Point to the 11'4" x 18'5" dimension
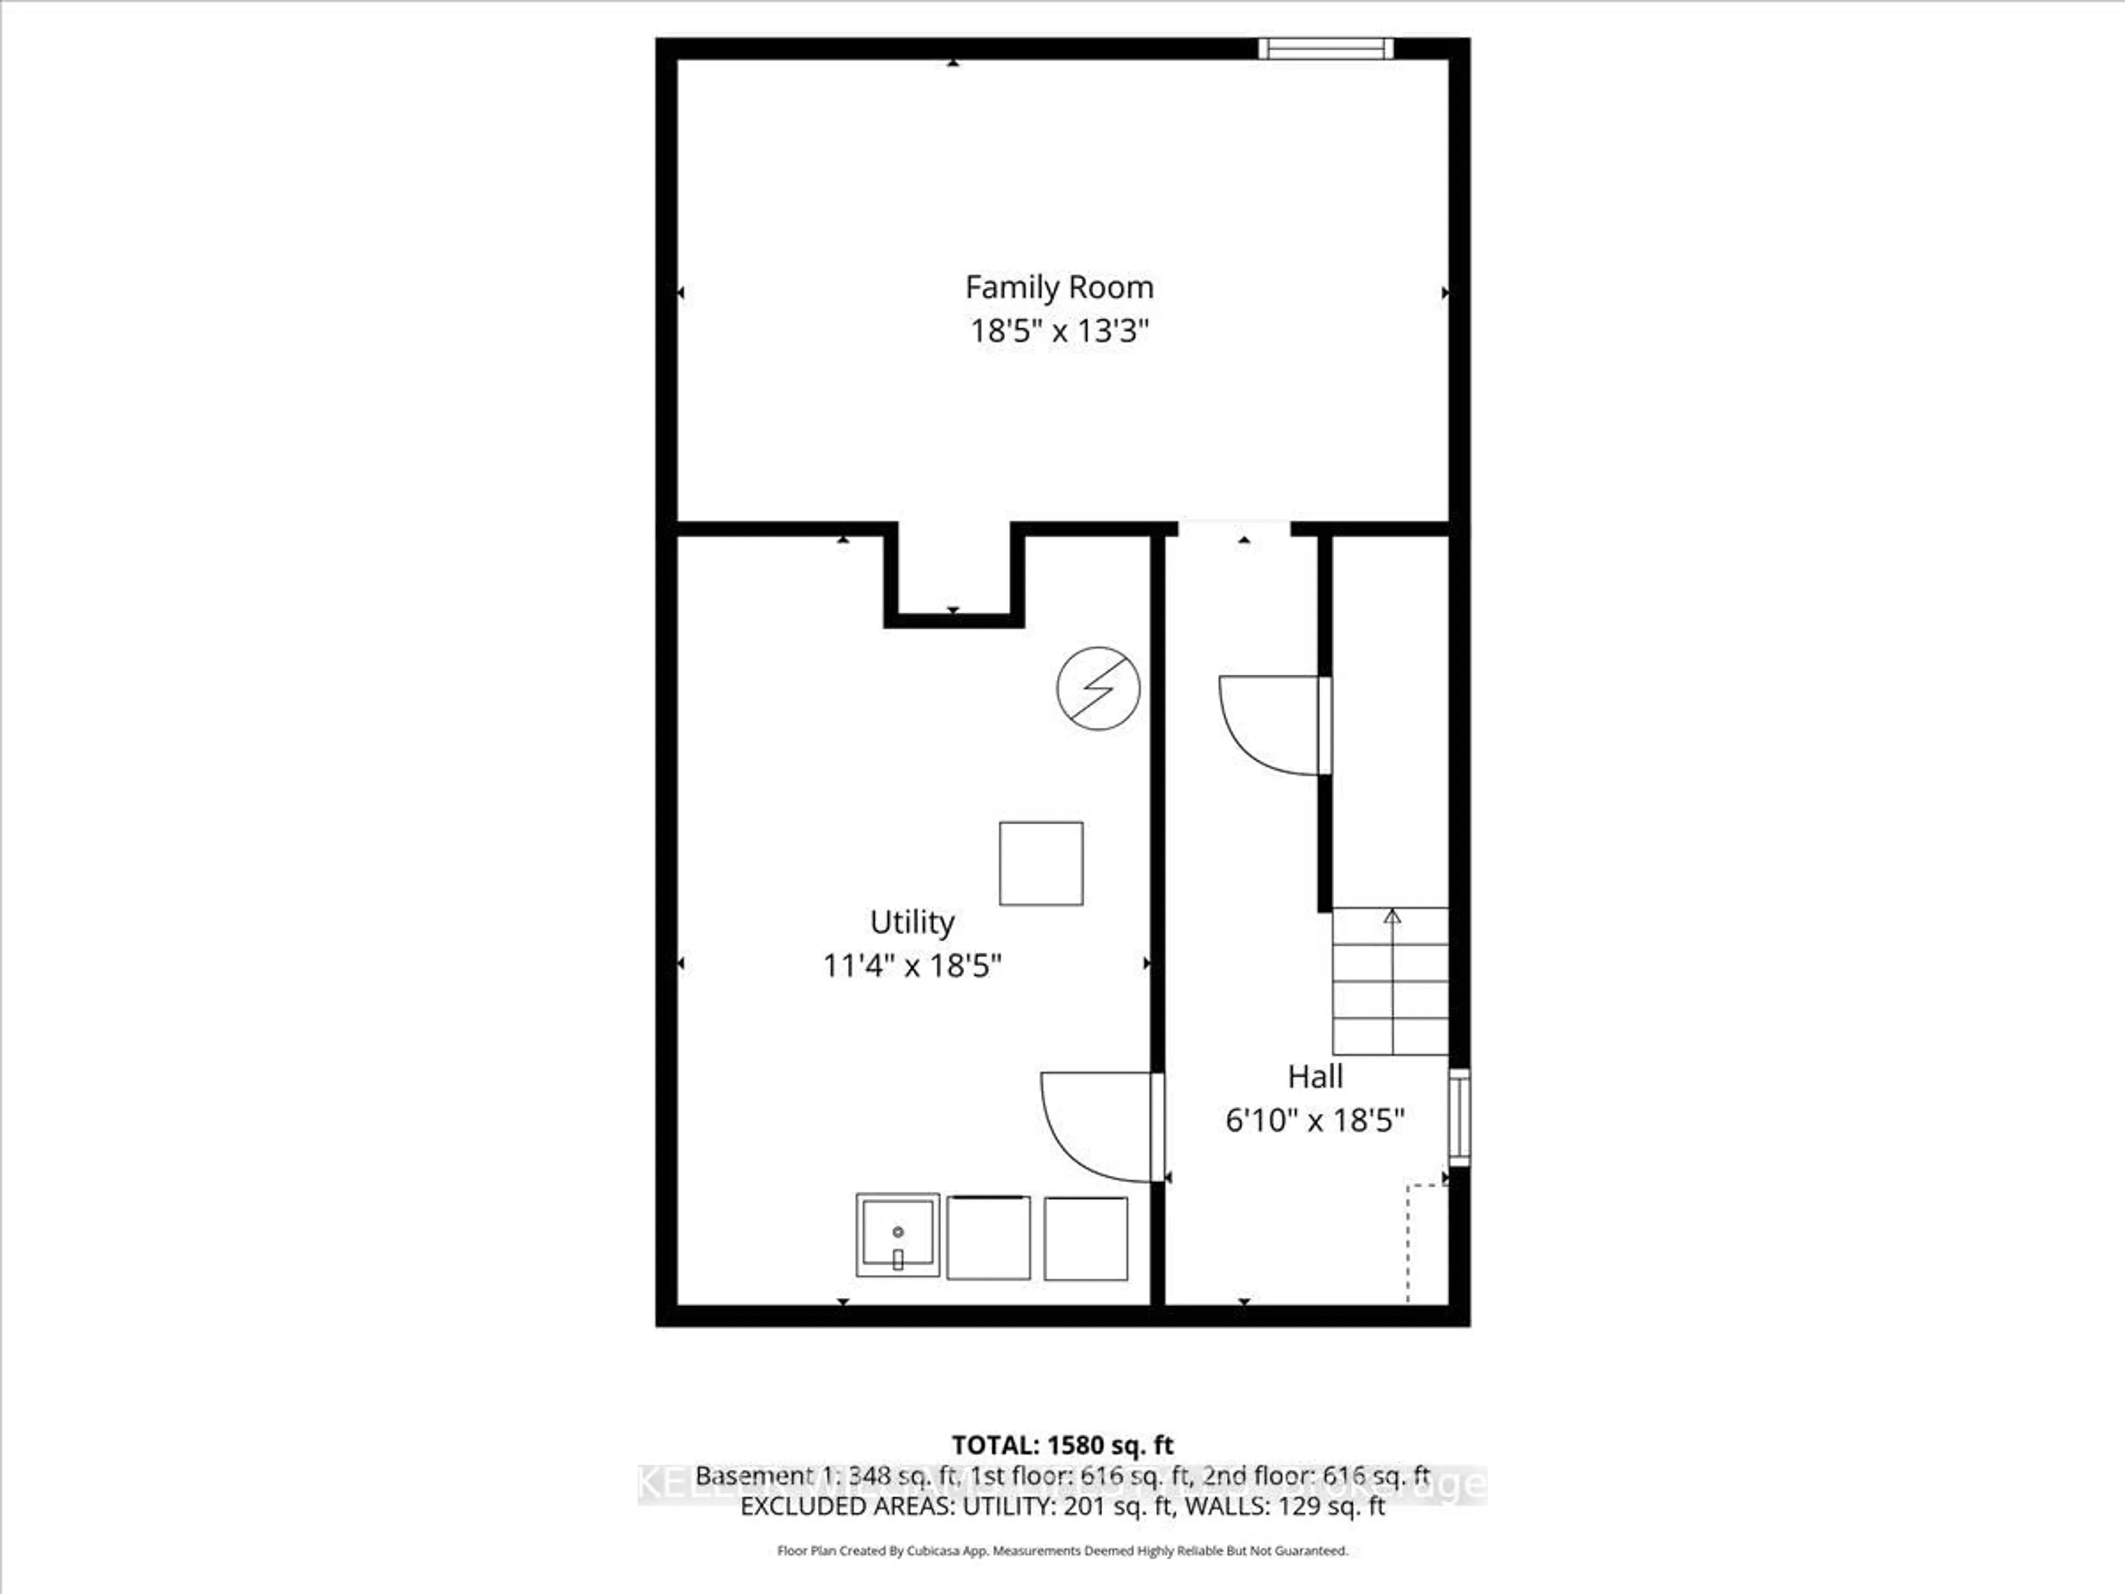[911, 965]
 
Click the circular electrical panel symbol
[1098, 688]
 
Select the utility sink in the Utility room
[897, 1235]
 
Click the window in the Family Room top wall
[1326, 48]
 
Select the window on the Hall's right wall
[1458, 1116]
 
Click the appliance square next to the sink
[988, 1238]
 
